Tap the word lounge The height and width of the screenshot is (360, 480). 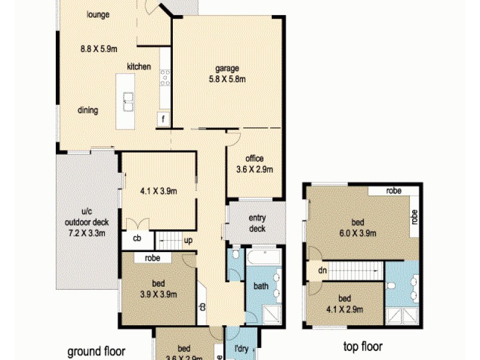pyautogui.click(x=97, y=14)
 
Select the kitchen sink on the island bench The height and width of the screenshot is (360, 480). pyautogui.click(x=128, y=101)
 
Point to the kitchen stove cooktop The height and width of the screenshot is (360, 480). pyautogui.click(x=164, y=78)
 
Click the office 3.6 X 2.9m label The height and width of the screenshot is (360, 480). pyautogui.click(x=254, y=164)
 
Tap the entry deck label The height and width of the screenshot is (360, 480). pyautogui.click(x=257, y=223)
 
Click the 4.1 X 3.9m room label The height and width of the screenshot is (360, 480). pyautogui.click(x=158, y=191)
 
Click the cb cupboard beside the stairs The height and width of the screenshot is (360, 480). pyautogui.click(x=137, y=239)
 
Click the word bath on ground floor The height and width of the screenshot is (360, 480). pyautogui.click(x=261, y=287)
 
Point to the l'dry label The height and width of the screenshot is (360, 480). pyautogui.click(x=241, y=349)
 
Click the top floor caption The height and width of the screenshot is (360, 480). pyautogui.click(x=362, y=347)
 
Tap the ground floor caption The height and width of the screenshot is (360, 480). pyautogui.click(x=96, y=351)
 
